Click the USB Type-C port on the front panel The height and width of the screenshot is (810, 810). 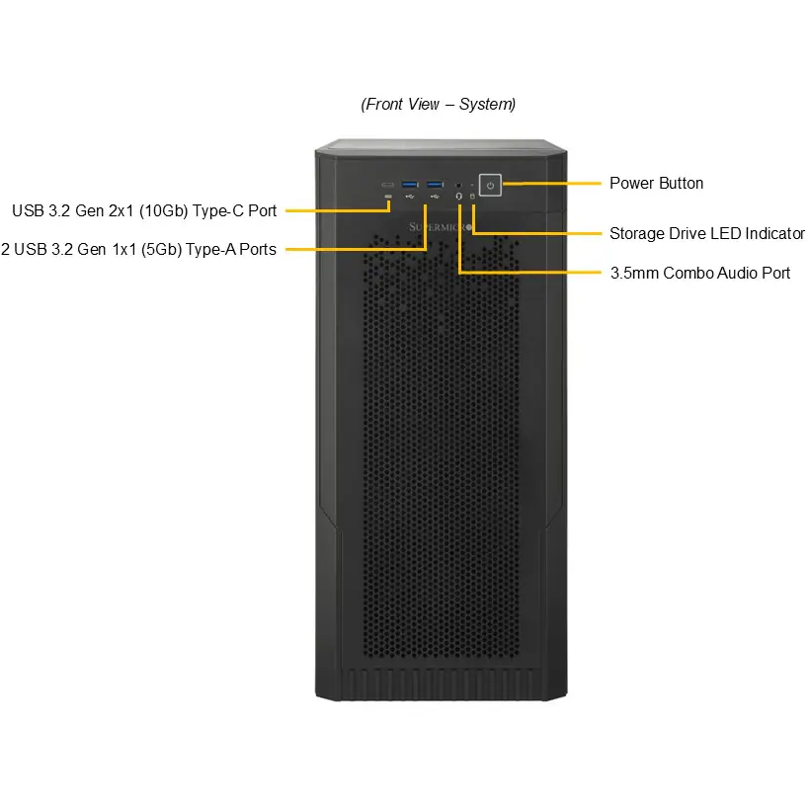[x=387, y=185]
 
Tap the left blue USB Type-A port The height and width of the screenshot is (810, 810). [x=410, y=185]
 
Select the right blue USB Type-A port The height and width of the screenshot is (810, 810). [x=435, y=185]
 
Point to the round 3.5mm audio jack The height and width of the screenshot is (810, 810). [x=458, y=185]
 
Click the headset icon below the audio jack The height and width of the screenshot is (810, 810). [x=458, y=197]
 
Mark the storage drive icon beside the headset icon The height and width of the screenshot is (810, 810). [x=472, y=197]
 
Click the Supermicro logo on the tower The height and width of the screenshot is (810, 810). [x=441, y=227]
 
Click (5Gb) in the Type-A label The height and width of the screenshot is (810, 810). [x=161, y=250]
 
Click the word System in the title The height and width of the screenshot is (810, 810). [x=487, y=105]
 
